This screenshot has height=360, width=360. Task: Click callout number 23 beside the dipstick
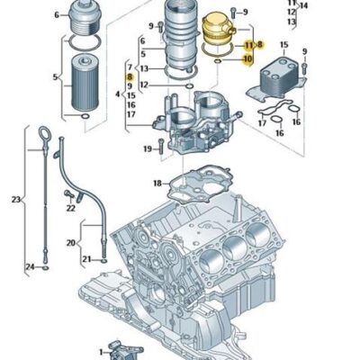coord(15,198)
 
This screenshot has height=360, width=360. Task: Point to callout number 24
coord(29,267)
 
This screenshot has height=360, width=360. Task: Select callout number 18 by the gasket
coord(157,184)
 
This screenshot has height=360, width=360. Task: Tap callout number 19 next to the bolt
coord(147,148)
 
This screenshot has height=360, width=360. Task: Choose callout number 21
coord(87,259)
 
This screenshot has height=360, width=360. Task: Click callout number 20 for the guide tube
coord(71,242)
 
